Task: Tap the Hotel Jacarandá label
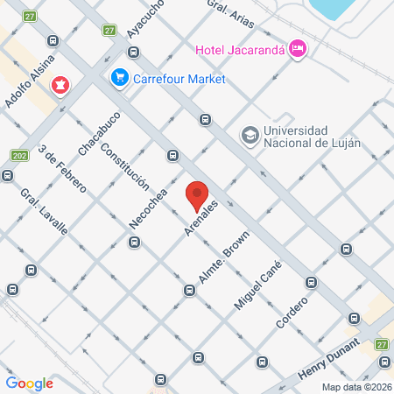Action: (241, 48)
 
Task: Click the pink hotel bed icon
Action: (298, 47)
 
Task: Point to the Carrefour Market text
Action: (179, 79)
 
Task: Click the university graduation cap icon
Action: (250, 135)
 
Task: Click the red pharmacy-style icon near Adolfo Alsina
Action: (60, 86)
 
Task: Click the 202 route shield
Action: (19, 155)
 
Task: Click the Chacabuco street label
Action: (97, 134)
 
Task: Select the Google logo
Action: (29, 383)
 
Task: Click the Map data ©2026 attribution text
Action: (356, 386)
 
